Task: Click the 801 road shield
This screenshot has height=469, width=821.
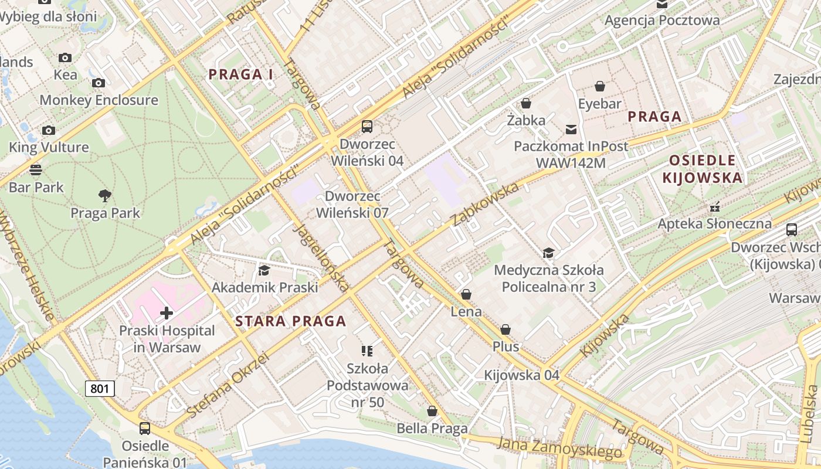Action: coord(100,388)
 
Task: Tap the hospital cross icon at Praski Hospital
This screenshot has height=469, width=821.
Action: coord(167,313)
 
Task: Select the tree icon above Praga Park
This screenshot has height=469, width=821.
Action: coord(105,195)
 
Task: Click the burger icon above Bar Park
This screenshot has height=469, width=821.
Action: coord(36,170)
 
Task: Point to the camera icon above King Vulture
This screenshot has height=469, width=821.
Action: coord(49,130)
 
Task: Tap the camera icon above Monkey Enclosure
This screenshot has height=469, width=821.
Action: coord(99,83)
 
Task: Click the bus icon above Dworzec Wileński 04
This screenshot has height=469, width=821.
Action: coord(367,126)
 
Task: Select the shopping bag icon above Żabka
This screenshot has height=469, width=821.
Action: coord(526,103)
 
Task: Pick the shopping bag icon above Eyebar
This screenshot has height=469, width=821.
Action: coord(600,87)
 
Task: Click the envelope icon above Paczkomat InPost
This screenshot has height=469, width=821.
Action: coord(571,129)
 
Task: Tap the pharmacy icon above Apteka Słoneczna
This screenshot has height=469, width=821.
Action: coord(714,206)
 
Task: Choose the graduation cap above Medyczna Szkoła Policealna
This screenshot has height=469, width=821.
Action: coord(548,253)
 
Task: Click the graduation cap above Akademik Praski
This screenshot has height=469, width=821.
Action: coord(264,270)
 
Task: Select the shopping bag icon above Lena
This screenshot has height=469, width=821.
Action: coord(466,294)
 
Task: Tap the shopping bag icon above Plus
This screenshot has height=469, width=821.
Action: coord(506,329)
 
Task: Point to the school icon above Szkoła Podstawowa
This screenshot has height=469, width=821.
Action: coord(367,351)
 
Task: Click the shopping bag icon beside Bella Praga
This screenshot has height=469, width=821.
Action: coord(432,412)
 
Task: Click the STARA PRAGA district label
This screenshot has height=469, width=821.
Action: coord(290,321)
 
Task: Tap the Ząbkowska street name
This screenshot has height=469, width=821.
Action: coord(486,204)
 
